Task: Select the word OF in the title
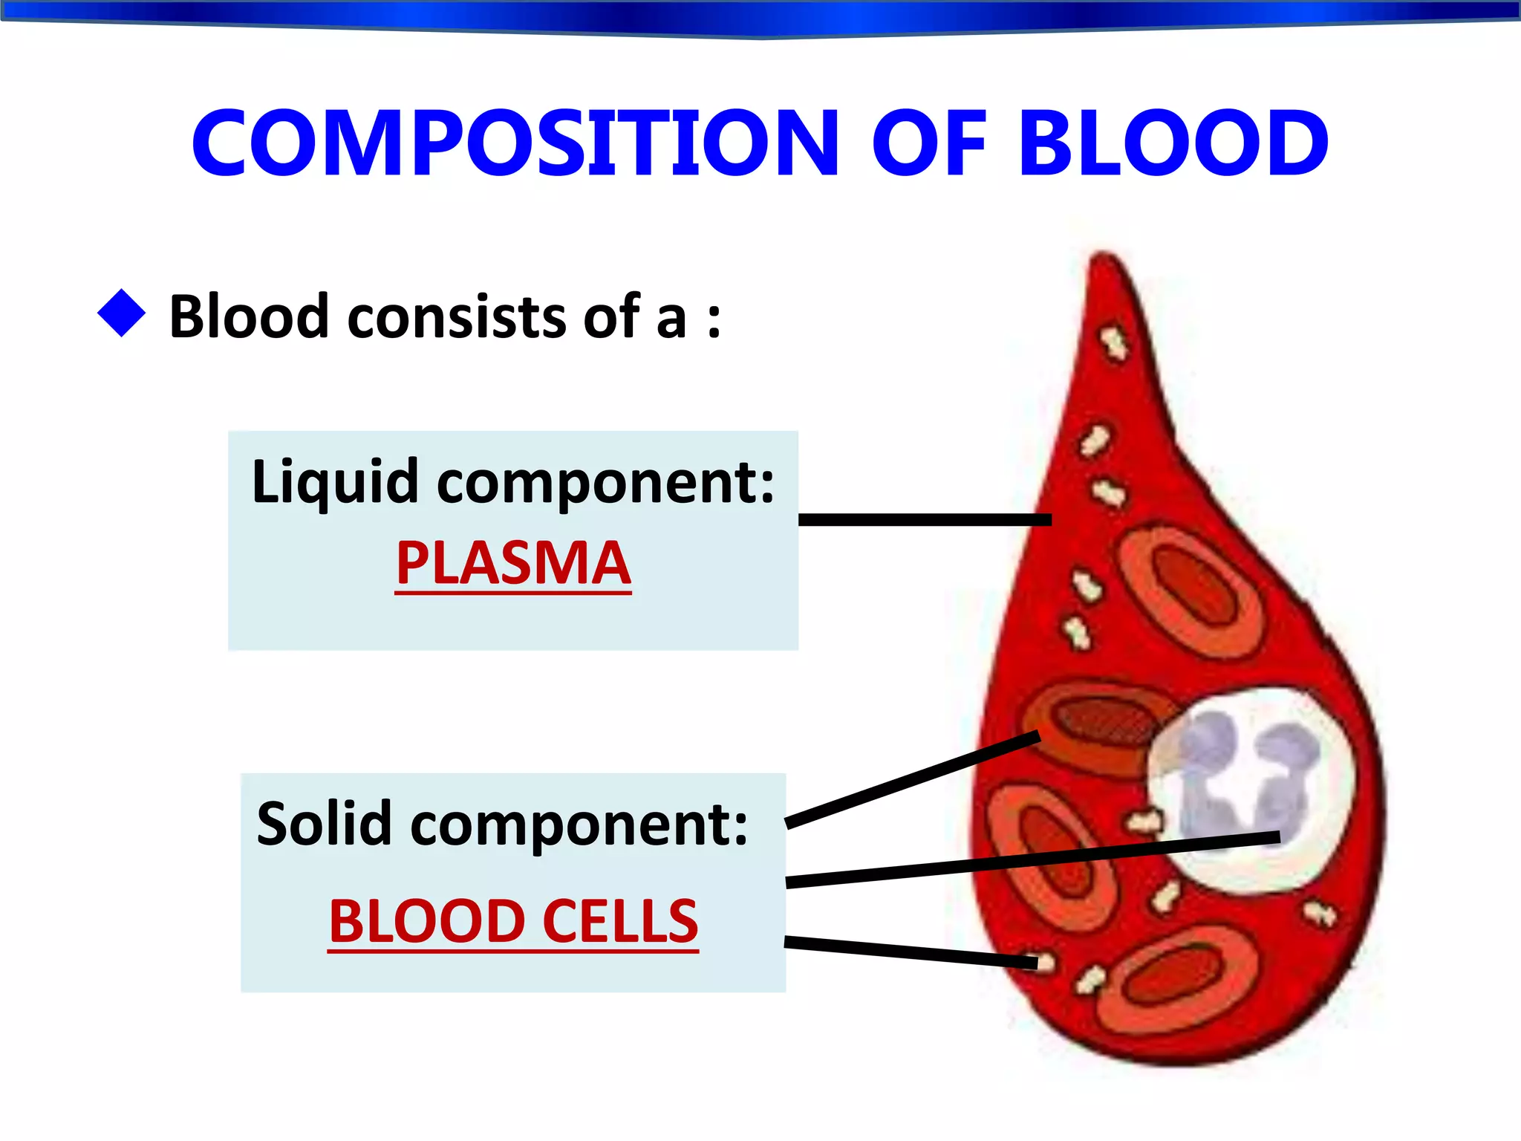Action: (929, 143)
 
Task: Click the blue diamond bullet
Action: (121, 313)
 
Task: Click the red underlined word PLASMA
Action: (512, 564)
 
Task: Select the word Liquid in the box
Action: (335, 482)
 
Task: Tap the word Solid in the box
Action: (324, 824)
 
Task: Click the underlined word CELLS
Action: (620, 921)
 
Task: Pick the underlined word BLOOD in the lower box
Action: (427, 921)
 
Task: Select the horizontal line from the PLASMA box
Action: (925, 519)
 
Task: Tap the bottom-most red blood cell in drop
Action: (1177, 981)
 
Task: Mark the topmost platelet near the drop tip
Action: (1113, 343)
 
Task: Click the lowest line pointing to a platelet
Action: (910, 952)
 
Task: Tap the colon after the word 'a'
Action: (714, 319)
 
